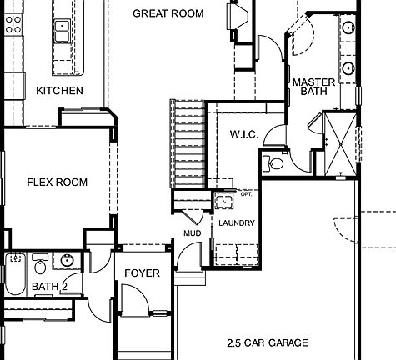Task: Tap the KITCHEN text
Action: pyautogui.click(x=59, y=90)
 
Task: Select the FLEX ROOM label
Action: pyautogui.click(x=57, y=182)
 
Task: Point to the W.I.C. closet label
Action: pyautogui.click(x=243, y=134)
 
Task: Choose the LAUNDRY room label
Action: pyautogui.click(x=237, y=223)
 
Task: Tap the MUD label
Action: pyautogui.click(x=192, y=233)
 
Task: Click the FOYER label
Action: pyautogui.click(x=142, y=273)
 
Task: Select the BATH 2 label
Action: pyautogui.click(x=48, y=287)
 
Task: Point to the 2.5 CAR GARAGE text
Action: pyautogui.click(x=267, y=342)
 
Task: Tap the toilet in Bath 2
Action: pyautogui.click(x=40, y=264)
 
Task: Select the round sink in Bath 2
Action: pyautogui.click(x=67, y=261)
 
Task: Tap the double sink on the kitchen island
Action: pyautogui.click(x=61, y=32)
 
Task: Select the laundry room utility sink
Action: pyautogui.click(x=223, y=200)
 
